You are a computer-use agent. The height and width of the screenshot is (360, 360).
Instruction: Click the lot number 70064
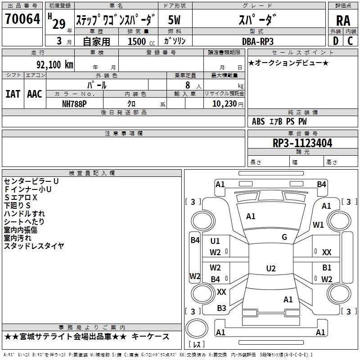[x=22, y=20]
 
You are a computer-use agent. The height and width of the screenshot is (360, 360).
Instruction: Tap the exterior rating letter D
[x=335, y=40]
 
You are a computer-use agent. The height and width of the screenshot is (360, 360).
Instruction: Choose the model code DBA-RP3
[x=257, y=41]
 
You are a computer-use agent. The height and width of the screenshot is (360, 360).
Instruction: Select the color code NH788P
[x=74, y=103]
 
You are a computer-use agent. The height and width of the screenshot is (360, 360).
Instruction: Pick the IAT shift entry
[x=13, y=94]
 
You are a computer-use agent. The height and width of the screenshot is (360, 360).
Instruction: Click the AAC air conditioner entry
[x=34, y=94]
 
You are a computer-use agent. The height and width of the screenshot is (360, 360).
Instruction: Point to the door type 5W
[x=175, y=20]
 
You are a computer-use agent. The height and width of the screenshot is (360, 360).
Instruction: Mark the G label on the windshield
[x=284, y=237]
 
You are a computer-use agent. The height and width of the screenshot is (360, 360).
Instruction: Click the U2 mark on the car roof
[x=270, y=269]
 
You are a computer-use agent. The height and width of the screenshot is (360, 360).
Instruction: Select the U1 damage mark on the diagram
[x=215, y=241]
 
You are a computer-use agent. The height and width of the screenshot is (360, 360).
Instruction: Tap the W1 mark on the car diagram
[x=319, y=225]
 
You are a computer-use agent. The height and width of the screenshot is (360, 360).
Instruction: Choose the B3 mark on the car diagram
[x=221, y=308]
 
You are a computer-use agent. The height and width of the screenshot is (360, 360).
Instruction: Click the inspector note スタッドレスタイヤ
[x=34, y=246]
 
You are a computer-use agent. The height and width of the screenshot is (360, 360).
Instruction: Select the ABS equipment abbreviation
[x=258, y=121]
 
